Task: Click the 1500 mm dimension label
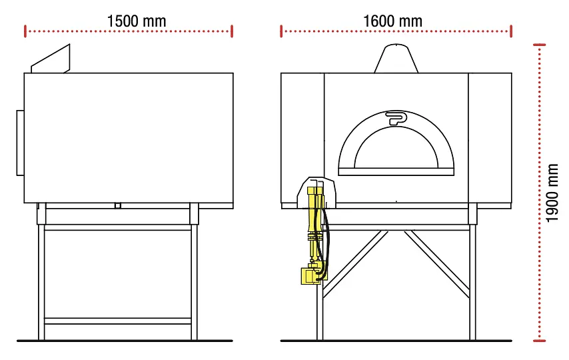coord(137,21)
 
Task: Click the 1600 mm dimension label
coord(392,21)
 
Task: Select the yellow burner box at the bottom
coord(308,275)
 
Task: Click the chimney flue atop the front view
coord(396,59)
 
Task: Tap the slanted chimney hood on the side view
coord(52,59)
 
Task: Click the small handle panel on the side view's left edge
coord(20,143)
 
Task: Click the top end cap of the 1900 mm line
coord(540,45)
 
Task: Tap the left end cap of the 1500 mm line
coord(25,31)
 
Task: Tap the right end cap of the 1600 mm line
coord(510,31)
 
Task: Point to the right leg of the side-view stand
coord(194,280)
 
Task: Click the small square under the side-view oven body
coord(118,205)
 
